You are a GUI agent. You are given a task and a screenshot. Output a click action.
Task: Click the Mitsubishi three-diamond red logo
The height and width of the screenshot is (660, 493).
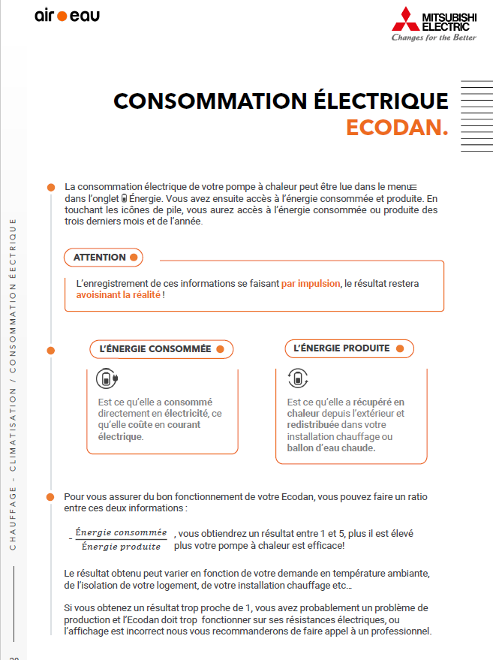point(406,20)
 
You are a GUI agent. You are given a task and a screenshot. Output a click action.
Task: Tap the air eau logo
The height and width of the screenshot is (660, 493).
point(67,16)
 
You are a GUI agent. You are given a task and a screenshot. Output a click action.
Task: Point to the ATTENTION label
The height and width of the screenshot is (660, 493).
point(99,258)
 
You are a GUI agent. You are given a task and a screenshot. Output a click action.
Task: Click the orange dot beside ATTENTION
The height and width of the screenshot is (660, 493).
point(134,258)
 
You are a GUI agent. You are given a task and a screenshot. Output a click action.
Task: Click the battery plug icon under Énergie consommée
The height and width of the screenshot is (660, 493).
point(109,378)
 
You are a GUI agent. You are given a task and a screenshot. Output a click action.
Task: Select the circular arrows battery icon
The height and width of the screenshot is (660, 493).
point(298,378)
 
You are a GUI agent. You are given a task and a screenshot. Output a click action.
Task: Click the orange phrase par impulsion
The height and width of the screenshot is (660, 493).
point(311,284)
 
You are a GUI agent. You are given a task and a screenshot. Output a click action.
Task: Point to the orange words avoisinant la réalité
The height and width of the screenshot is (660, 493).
point(118,296)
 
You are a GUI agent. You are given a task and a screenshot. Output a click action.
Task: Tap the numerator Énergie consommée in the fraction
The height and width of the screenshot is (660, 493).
point(121,532)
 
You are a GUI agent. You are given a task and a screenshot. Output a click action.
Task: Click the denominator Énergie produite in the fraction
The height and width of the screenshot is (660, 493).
point(121,546)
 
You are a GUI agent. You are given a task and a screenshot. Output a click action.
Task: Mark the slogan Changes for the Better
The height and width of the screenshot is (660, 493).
point(434,38)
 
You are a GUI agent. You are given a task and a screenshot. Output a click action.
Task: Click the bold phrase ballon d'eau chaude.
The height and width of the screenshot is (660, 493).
point(331,448)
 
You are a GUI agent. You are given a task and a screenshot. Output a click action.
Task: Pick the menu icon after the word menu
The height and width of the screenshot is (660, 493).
point(412,186)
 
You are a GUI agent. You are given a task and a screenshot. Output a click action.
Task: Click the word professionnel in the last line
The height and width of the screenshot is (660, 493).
point(401,631)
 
